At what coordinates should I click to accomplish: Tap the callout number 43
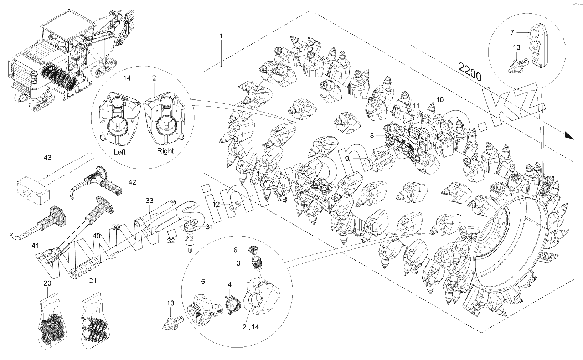click(x=48, y=157)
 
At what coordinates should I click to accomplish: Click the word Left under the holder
click(x=120, y=152)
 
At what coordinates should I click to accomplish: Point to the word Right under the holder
click(x=165, y=151)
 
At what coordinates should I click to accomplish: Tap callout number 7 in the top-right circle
click(x=512, y=32)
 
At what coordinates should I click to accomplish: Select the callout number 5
click(x=203, y=281)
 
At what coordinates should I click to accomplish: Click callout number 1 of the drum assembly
click(x=221, y=36)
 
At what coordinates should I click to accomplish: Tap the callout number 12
click(x=216, y=204)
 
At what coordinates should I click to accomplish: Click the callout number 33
click(x=149, y=201)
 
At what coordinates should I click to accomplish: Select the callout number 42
click(x=132, y=182)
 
